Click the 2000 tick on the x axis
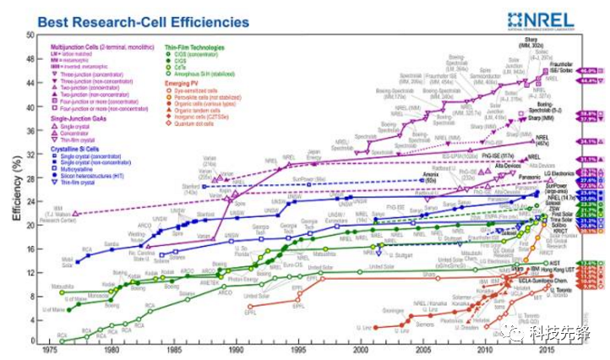[x=362, y=351]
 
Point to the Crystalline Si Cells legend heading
[x=81, y=150]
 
